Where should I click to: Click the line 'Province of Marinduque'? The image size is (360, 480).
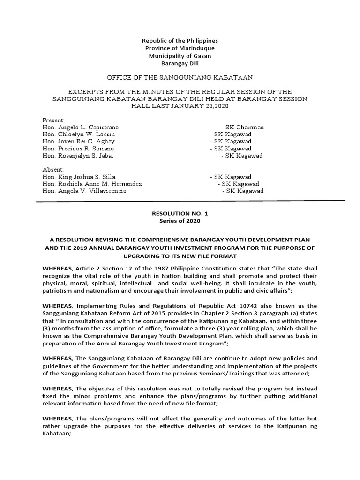(180, 48)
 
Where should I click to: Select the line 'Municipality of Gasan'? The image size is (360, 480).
(180, 56)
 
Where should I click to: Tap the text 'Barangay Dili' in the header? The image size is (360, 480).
(180, 63)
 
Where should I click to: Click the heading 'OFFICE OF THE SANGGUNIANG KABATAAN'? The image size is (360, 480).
(180, 77)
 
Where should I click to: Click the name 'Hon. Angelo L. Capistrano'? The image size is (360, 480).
(81, 127)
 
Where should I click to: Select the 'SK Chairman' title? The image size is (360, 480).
(245, 127)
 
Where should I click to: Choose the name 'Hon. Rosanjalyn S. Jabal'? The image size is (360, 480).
(78, 155)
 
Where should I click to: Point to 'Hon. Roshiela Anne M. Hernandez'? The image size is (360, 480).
(92, 184)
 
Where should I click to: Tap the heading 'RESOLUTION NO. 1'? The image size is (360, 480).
(180, 213)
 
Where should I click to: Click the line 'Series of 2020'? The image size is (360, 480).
(180, 221)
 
